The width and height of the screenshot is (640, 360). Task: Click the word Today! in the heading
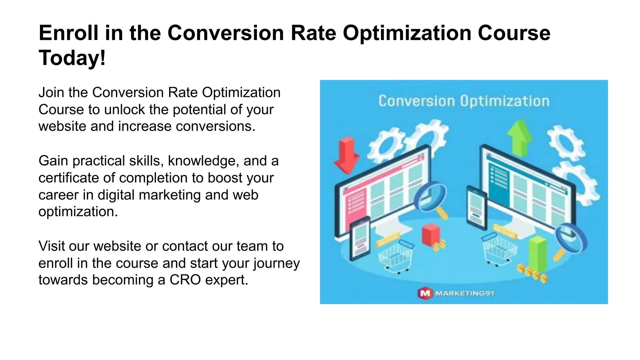click(x=72, y=58)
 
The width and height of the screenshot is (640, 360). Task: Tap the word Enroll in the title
click(x=68, y=33)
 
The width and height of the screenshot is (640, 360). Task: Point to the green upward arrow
click(x=519, y=137)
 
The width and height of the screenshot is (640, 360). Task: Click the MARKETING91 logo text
click(x=464, y=293)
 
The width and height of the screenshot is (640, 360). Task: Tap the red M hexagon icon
click(x=425, y=293)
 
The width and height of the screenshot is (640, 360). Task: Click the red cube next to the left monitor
click(x=431, y=234)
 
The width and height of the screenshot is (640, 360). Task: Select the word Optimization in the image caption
click(x=504, y=101)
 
